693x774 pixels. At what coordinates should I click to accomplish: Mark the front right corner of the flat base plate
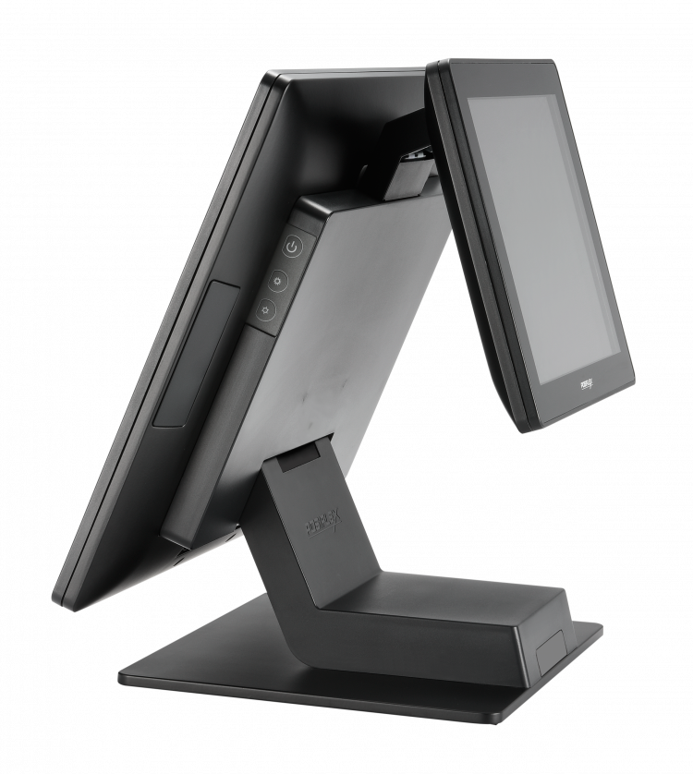pyautogui.click(x=506, y=720)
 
